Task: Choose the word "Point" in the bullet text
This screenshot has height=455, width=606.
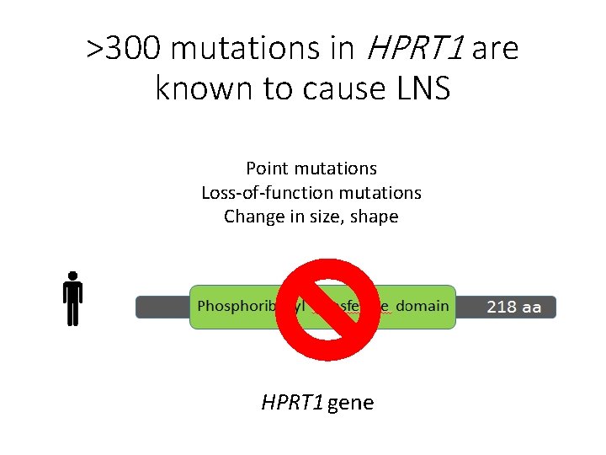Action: (x=265, y=169)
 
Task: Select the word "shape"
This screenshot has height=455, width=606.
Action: (x=375, y=217)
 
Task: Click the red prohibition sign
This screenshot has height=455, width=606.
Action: (x=329, y=308)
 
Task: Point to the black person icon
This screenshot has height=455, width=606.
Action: (x=73, y=298)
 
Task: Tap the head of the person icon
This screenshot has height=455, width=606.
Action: (x=73, y=276)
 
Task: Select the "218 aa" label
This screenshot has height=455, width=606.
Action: (x=513, y=308)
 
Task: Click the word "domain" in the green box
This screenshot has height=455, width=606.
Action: (x=422, y=305)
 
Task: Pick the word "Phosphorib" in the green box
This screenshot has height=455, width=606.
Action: (x=233, y=305)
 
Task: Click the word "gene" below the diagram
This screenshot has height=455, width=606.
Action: (x=350, y=403)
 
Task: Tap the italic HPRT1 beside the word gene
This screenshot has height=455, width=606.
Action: (x=292, y=403)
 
